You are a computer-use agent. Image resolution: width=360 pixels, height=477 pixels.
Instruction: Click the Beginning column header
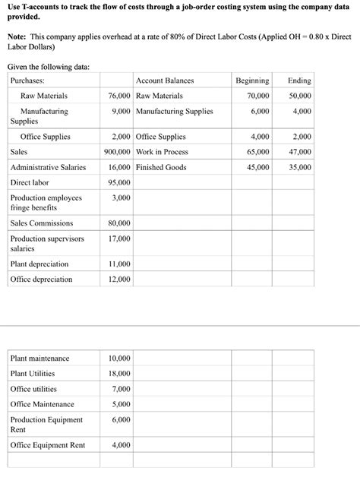252,81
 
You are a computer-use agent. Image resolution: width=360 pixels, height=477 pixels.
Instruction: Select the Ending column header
299,81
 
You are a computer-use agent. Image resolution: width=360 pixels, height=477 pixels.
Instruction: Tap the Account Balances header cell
165,81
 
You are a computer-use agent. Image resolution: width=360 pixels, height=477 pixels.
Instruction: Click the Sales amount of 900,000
116,152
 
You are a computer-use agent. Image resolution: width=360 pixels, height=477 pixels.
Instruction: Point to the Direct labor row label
30,182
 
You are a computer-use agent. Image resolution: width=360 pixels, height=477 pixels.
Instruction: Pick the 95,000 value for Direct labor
119,182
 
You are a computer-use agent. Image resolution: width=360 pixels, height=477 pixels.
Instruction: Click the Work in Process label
162,152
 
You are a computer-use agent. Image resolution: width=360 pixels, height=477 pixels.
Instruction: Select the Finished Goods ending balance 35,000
299,167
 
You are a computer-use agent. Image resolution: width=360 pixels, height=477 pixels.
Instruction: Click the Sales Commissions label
42,223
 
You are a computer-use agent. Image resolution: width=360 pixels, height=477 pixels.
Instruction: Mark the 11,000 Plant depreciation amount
119,264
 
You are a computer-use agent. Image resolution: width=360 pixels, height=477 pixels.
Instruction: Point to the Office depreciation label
41,280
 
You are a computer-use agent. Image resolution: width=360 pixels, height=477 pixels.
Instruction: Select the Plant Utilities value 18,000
119,374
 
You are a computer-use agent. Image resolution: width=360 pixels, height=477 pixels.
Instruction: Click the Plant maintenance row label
39,359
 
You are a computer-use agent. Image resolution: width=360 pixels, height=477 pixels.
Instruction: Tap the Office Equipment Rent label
47,445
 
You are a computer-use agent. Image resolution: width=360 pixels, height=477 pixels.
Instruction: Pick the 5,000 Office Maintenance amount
121,404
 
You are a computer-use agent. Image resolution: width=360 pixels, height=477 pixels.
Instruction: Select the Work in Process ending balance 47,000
299,152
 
